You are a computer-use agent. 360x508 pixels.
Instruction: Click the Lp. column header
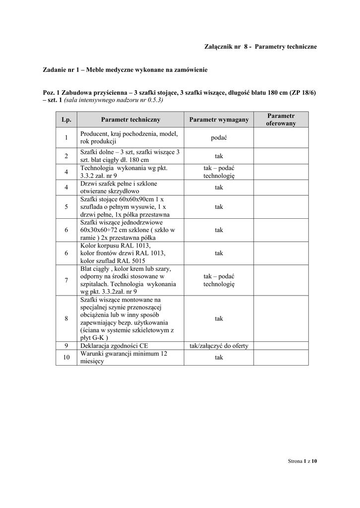click(66, 120)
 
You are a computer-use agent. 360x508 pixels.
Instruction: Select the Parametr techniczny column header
click(131, 120)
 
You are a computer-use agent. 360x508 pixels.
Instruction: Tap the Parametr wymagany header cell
click(219, 120)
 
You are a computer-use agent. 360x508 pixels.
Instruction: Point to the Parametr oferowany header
click(281, 120)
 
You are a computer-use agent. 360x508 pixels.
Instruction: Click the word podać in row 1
click(219, 138)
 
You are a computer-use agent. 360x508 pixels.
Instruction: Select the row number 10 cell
click(66, 358)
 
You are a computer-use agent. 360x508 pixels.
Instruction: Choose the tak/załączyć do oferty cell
click(219, 346)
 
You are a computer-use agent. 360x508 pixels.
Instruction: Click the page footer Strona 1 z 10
click(302, 461)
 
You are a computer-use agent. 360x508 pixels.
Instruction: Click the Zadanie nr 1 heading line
click(125, 70)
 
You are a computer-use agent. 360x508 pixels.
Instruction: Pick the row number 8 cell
click(66, 318)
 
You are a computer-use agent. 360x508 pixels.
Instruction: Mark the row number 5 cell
click(66, 207)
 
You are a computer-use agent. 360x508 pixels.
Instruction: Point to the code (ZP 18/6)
click(303, 92)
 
